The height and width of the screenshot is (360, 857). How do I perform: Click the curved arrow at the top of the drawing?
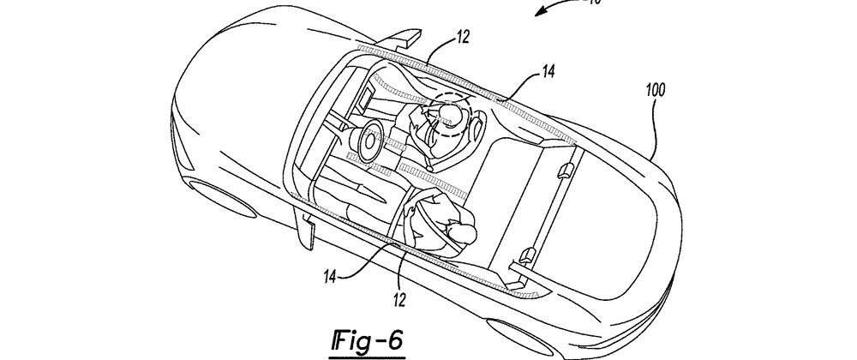549,11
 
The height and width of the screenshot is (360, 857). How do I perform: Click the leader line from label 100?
651,129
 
